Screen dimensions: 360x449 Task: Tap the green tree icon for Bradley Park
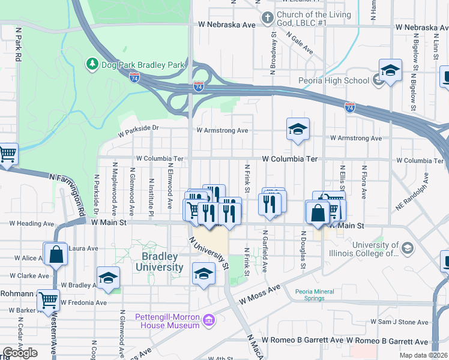92,63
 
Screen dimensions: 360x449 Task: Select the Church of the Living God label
307,19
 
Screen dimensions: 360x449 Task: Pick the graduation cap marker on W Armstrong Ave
297,129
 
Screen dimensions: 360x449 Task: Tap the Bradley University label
162,262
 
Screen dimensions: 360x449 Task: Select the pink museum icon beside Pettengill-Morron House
208,320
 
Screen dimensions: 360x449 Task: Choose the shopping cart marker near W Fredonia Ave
48,299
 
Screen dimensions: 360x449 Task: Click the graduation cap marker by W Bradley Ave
109,277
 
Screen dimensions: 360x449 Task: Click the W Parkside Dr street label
138,127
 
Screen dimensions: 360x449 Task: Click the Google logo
20,353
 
